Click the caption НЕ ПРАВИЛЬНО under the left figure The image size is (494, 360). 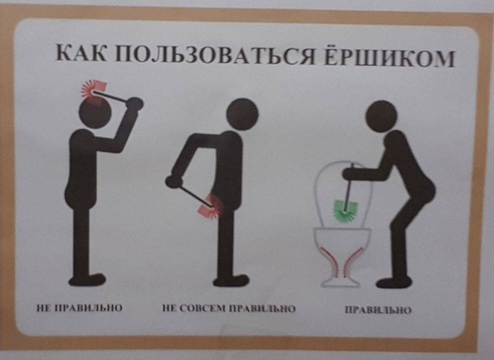(79, 308)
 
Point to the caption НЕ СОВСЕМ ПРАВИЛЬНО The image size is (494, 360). (229, 309)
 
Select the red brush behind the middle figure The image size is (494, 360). (211, 205)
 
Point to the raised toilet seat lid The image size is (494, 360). (343, 188)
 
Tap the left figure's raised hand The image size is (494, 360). (135, 104)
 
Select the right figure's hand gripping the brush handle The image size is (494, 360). (350, 173)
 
